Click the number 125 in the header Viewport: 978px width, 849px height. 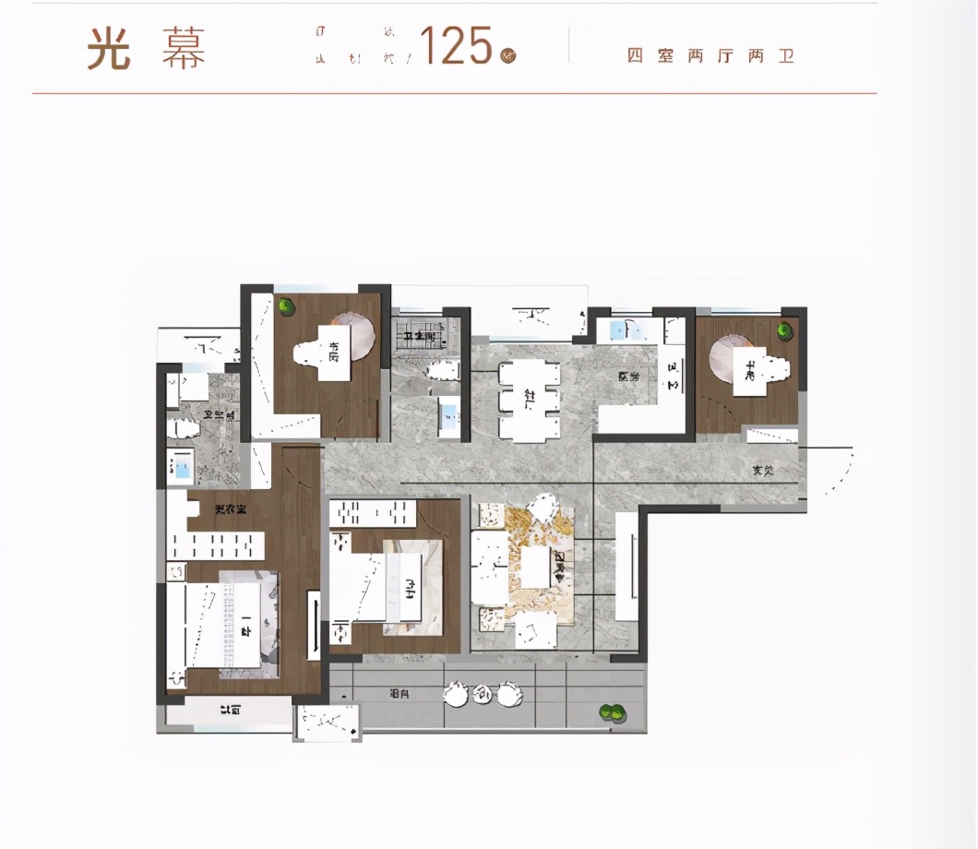[456, 45]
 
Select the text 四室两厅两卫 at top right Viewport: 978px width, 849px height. [710, 56]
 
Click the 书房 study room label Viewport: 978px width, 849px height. [333, 352]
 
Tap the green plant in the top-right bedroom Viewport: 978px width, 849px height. [785, 329]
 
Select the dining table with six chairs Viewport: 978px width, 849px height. [529, 399]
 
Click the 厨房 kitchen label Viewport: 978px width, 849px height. [629, 377]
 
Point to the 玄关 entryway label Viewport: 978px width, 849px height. [762, 471]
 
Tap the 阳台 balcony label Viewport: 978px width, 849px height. [400, 692]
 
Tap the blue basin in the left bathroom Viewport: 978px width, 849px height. [182, 468]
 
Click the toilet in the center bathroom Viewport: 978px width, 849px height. [442, 370]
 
